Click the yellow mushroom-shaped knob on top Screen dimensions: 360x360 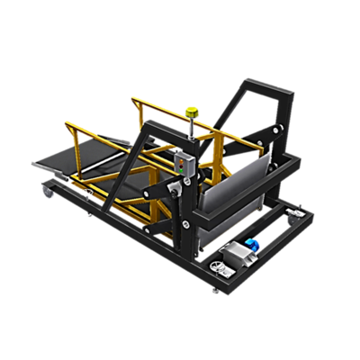[191, 112]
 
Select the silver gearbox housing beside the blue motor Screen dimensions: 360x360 [237, 256]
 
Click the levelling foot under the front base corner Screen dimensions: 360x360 [213, 290]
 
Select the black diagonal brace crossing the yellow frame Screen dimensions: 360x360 [135, 171]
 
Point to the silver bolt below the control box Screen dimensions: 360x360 [186, 187]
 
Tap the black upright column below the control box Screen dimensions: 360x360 [185, 229]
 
